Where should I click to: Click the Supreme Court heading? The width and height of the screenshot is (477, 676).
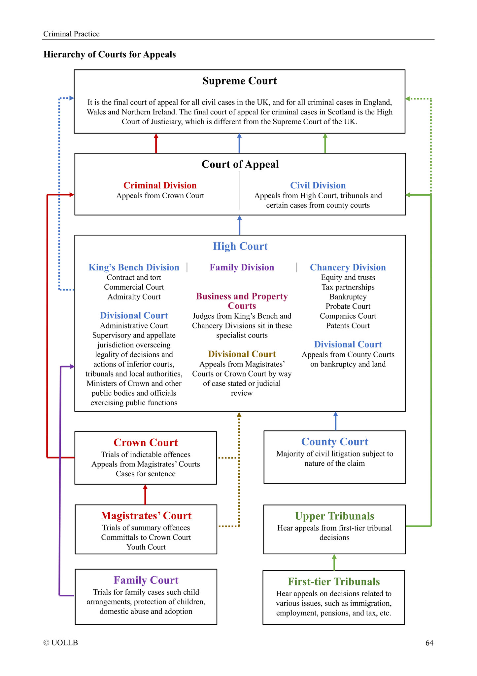click(x=239, y=81)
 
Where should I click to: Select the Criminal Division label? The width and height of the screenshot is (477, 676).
click(x=160, y=185)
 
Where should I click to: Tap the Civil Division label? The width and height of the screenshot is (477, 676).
click(x=318, y=185)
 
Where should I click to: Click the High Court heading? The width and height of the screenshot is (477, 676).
click(x=240, y=246)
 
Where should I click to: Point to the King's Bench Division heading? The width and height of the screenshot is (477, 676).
click(x=134, y=267)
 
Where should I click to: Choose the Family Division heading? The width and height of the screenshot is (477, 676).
click(x=242, y=267)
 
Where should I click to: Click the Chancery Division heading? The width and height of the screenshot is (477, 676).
click(x=348, y=267)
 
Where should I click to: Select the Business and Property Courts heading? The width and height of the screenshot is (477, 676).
click(x=242, y=301)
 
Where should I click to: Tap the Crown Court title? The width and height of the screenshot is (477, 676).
click(x=146, y=443)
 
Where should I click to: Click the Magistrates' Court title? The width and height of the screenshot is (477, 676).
click(x=146, y=516)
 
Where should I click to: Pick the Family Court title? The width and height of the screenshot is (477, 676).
click(x=146, y=580)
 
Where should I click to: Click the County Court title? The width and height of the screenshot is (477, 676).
click(x=334, y=442)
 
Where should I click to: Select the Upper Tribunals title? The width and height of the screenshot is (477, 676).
click(x=334, y=516)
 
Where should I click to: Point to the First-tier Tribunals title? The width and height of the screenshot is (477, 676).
click(x=334, y=581)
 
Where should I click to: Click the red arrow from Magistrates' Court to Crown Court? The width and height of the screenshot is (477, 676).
click(x=145, y=495)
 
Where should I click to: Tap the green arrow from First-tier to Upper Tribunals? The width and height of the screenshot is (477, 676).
click(x=334, y=562)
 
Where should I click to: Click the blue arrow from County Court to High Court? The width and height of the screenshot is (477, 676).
click(x=335, y=421)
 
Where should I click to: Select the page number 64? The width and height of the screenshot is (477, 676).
click(x=429, y=643)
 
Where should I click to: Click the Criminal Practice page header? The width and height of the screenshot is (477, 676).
click(x=71, y=34)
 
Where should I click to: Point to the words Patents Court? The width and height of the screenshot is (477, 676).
click(x=348, y=326)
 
